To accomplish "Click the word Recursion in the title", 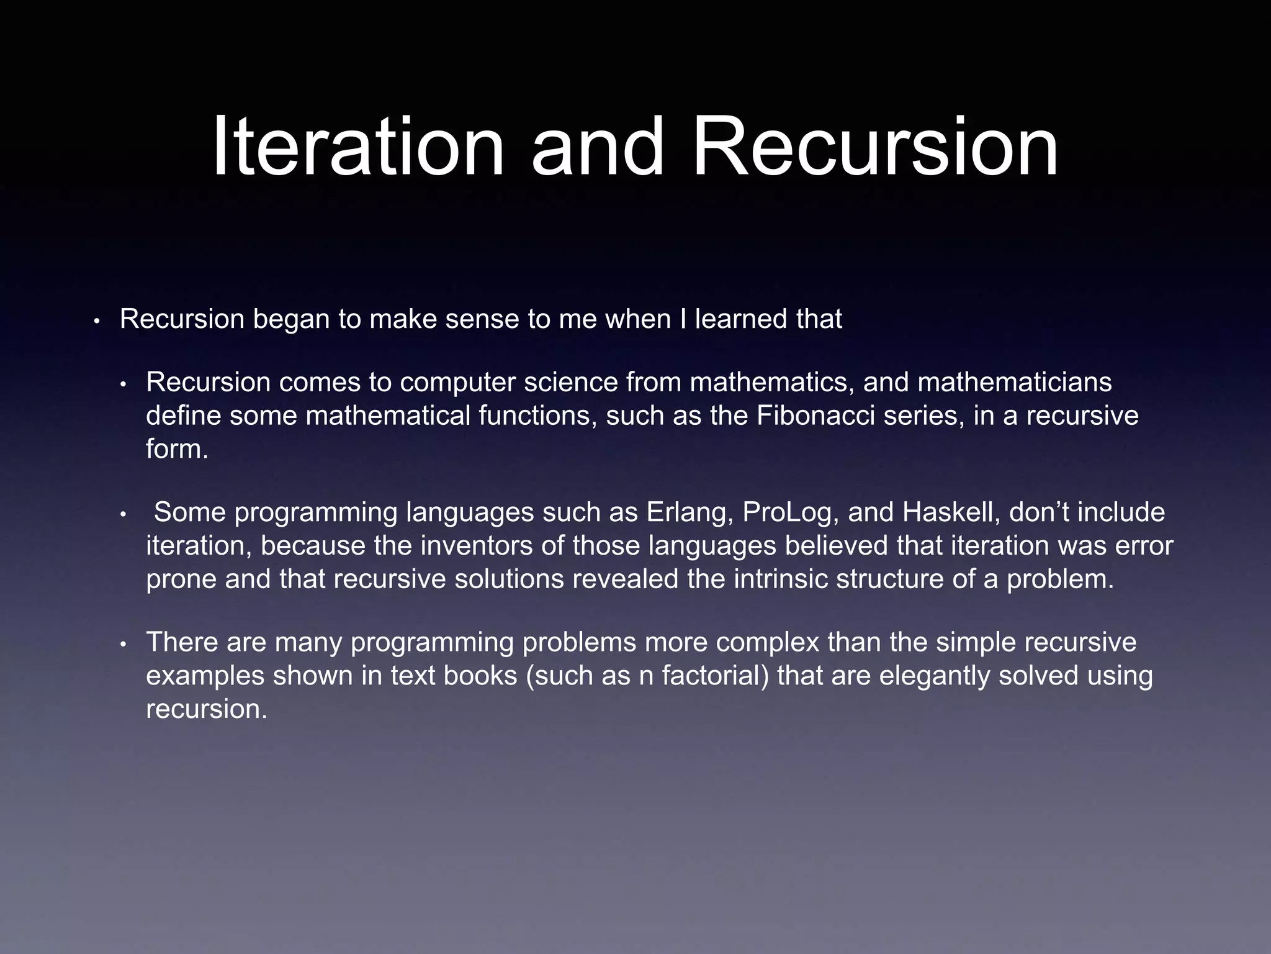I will click(x=874, y=148).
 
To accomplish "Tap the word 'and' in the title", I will click(x=597, y=148).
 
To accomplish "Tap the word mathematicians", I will click(x=1015, y=382).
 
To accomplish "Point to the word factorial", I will click(x=716, y=675).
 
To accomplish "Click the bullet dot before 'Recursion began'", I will click(x=96, y=322).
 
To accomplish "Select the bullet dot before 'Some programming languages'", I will click(x=123, y=515).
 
